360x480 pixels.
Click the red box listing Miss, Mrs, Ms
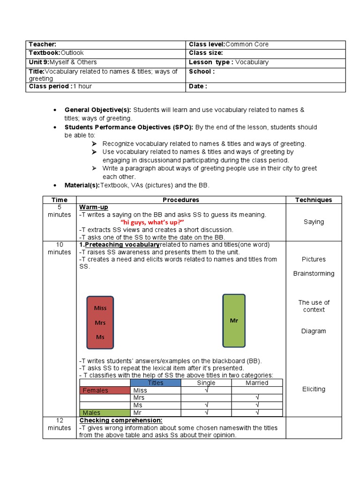100,322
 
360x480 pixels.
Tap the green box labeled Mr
233,321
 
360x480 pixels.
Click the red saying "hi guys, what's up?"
152,222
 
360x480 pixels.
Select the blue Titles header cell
156,383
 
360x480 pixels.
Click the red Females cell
105,390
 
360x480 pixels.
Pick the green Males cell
105,412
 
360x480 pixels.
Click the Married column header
256,383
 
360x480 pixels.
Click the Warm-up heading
94,207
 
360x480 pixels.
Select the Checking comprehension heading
121,420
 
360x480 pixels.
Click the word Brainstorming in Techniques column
314,274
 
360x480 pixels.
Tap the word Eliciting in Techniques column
314,389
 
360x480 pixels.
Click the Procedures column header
181,200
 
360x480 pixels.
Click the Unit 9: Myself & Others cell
63,62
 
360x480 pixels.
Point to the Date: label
198,86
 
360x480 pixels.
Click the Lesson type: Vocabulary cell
228,62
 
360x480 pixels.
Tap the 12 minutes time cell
60,424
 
